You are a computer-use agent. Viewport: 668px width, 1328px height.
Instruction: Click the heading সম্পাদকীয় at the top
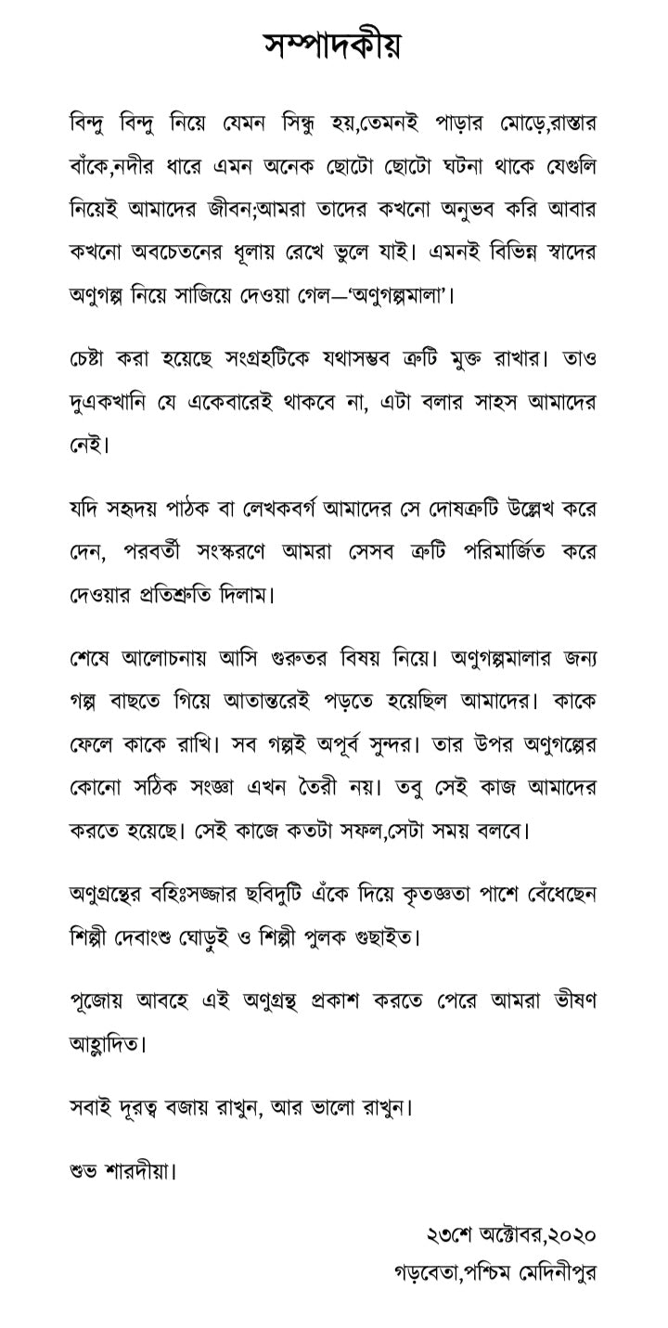pyautogui.click(x=333, y=44)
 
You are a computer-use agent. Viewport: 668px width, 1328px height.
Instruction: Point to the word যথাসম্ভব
pyautogui.click(x=353, y=358)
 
